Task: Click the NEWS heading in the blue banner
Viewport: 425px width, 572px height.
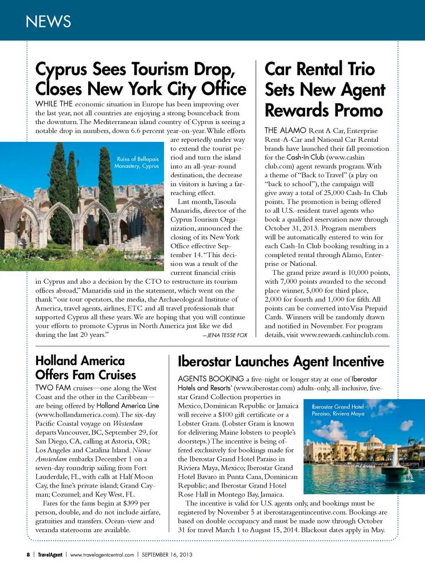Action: click(48, 22)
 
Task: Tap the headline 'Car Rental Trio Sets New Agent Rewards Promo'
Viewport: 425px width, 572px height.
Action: click(325, 90)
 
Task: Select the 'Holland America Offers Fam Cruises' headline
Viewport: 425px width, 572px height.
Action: click(85, 368)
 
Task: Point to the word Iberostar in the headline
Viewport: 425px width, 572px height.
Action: click(204, 362)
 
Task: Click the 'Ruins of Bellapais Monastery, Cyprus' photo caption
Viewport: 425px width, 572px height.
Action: click(137, 162)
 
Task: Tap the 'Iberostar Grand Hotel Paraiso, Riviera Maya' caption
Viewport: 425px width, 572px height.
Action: click(338, 410)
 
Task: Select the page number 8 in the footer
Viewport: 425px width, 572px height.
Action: click(28, 555)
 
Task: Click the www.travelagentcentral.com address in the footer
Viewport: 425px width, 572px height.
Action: click(102, 555)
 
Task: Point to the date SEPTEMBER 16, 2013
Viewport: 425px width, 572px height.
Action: click(167, 555)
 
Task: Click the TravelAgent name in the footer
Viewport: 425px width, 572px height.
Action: click(50, 555)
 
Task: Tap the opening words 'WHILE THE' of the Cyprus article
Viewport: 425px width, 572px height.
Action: click(54, 104)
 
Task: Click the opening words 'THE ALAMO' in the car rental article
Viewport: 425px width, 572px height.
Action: click(285, 130)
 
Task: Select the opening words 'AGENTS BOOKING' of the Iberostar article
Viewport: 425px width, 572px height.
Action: click(211, 379)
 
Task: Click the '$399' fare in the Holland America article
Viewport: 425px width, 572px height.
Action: click(131, 503)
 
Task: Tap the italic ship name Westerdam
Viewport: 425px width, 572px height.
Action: click(127, 423)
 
